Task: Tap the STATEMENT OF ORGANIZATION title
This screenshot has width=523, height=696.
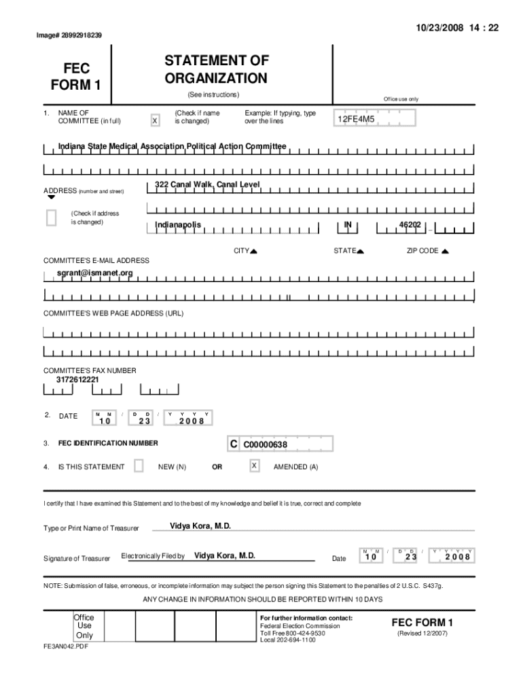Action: pos(217,70)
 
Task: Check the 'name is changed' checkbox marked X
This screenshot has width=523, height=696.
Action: pos(156,120)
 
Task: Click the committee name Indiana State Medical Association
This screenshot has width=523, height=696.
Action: pos(173,146)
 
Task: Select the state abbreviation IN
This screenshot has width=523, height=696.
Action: pos(347,224)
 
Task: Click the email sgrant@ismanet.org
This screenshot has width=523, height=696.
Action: pos(95,273)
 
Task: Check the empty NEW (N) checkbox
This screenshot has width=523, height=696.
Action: pos(139,466)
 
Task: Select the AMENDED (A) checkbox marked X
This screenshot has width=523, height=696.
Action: pos(254,466)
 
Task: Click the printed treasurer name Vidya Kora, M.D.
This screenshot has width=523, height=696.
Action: pos(200,527)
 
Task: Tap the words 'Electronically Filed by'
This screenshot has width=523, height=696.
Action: pos(153,556)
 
